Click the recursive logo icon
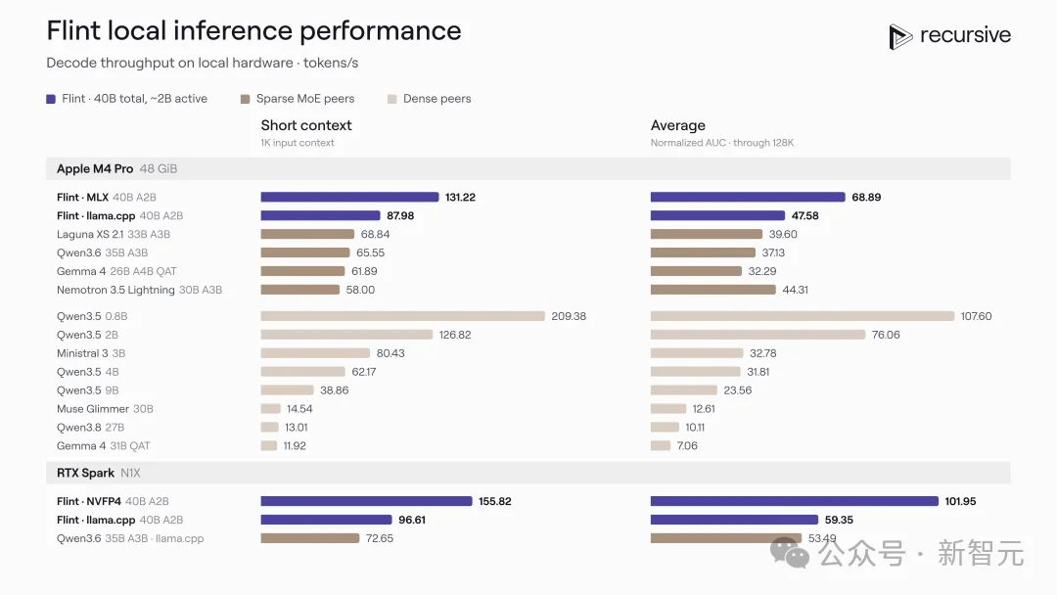[900, 36]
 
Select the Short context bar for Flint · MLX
[349, 197]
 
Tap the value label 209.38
[569, 316]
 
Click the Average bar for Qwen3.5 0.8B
[803, 316]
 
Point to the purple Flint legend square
[51, 99]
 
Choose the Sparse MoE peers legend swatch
[246, 99]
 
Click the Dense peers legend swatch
[392, 99]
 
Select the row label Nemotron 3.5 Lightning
[115, 290]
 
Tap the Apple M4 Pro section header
[95, 168]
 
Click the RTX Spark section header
[85, 473]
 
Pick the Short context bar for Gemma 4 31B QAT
[269, 445]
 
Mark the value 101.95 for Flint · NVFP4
[960, 501]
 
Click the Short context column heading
[306, 125]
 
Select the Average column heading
[677, 125]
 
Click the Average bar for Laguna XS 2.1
[707, 234]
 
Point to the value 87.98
[400, 215]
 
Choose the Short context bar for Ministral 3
[315, 353]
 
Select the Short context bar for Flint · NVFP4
[367, 501]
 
